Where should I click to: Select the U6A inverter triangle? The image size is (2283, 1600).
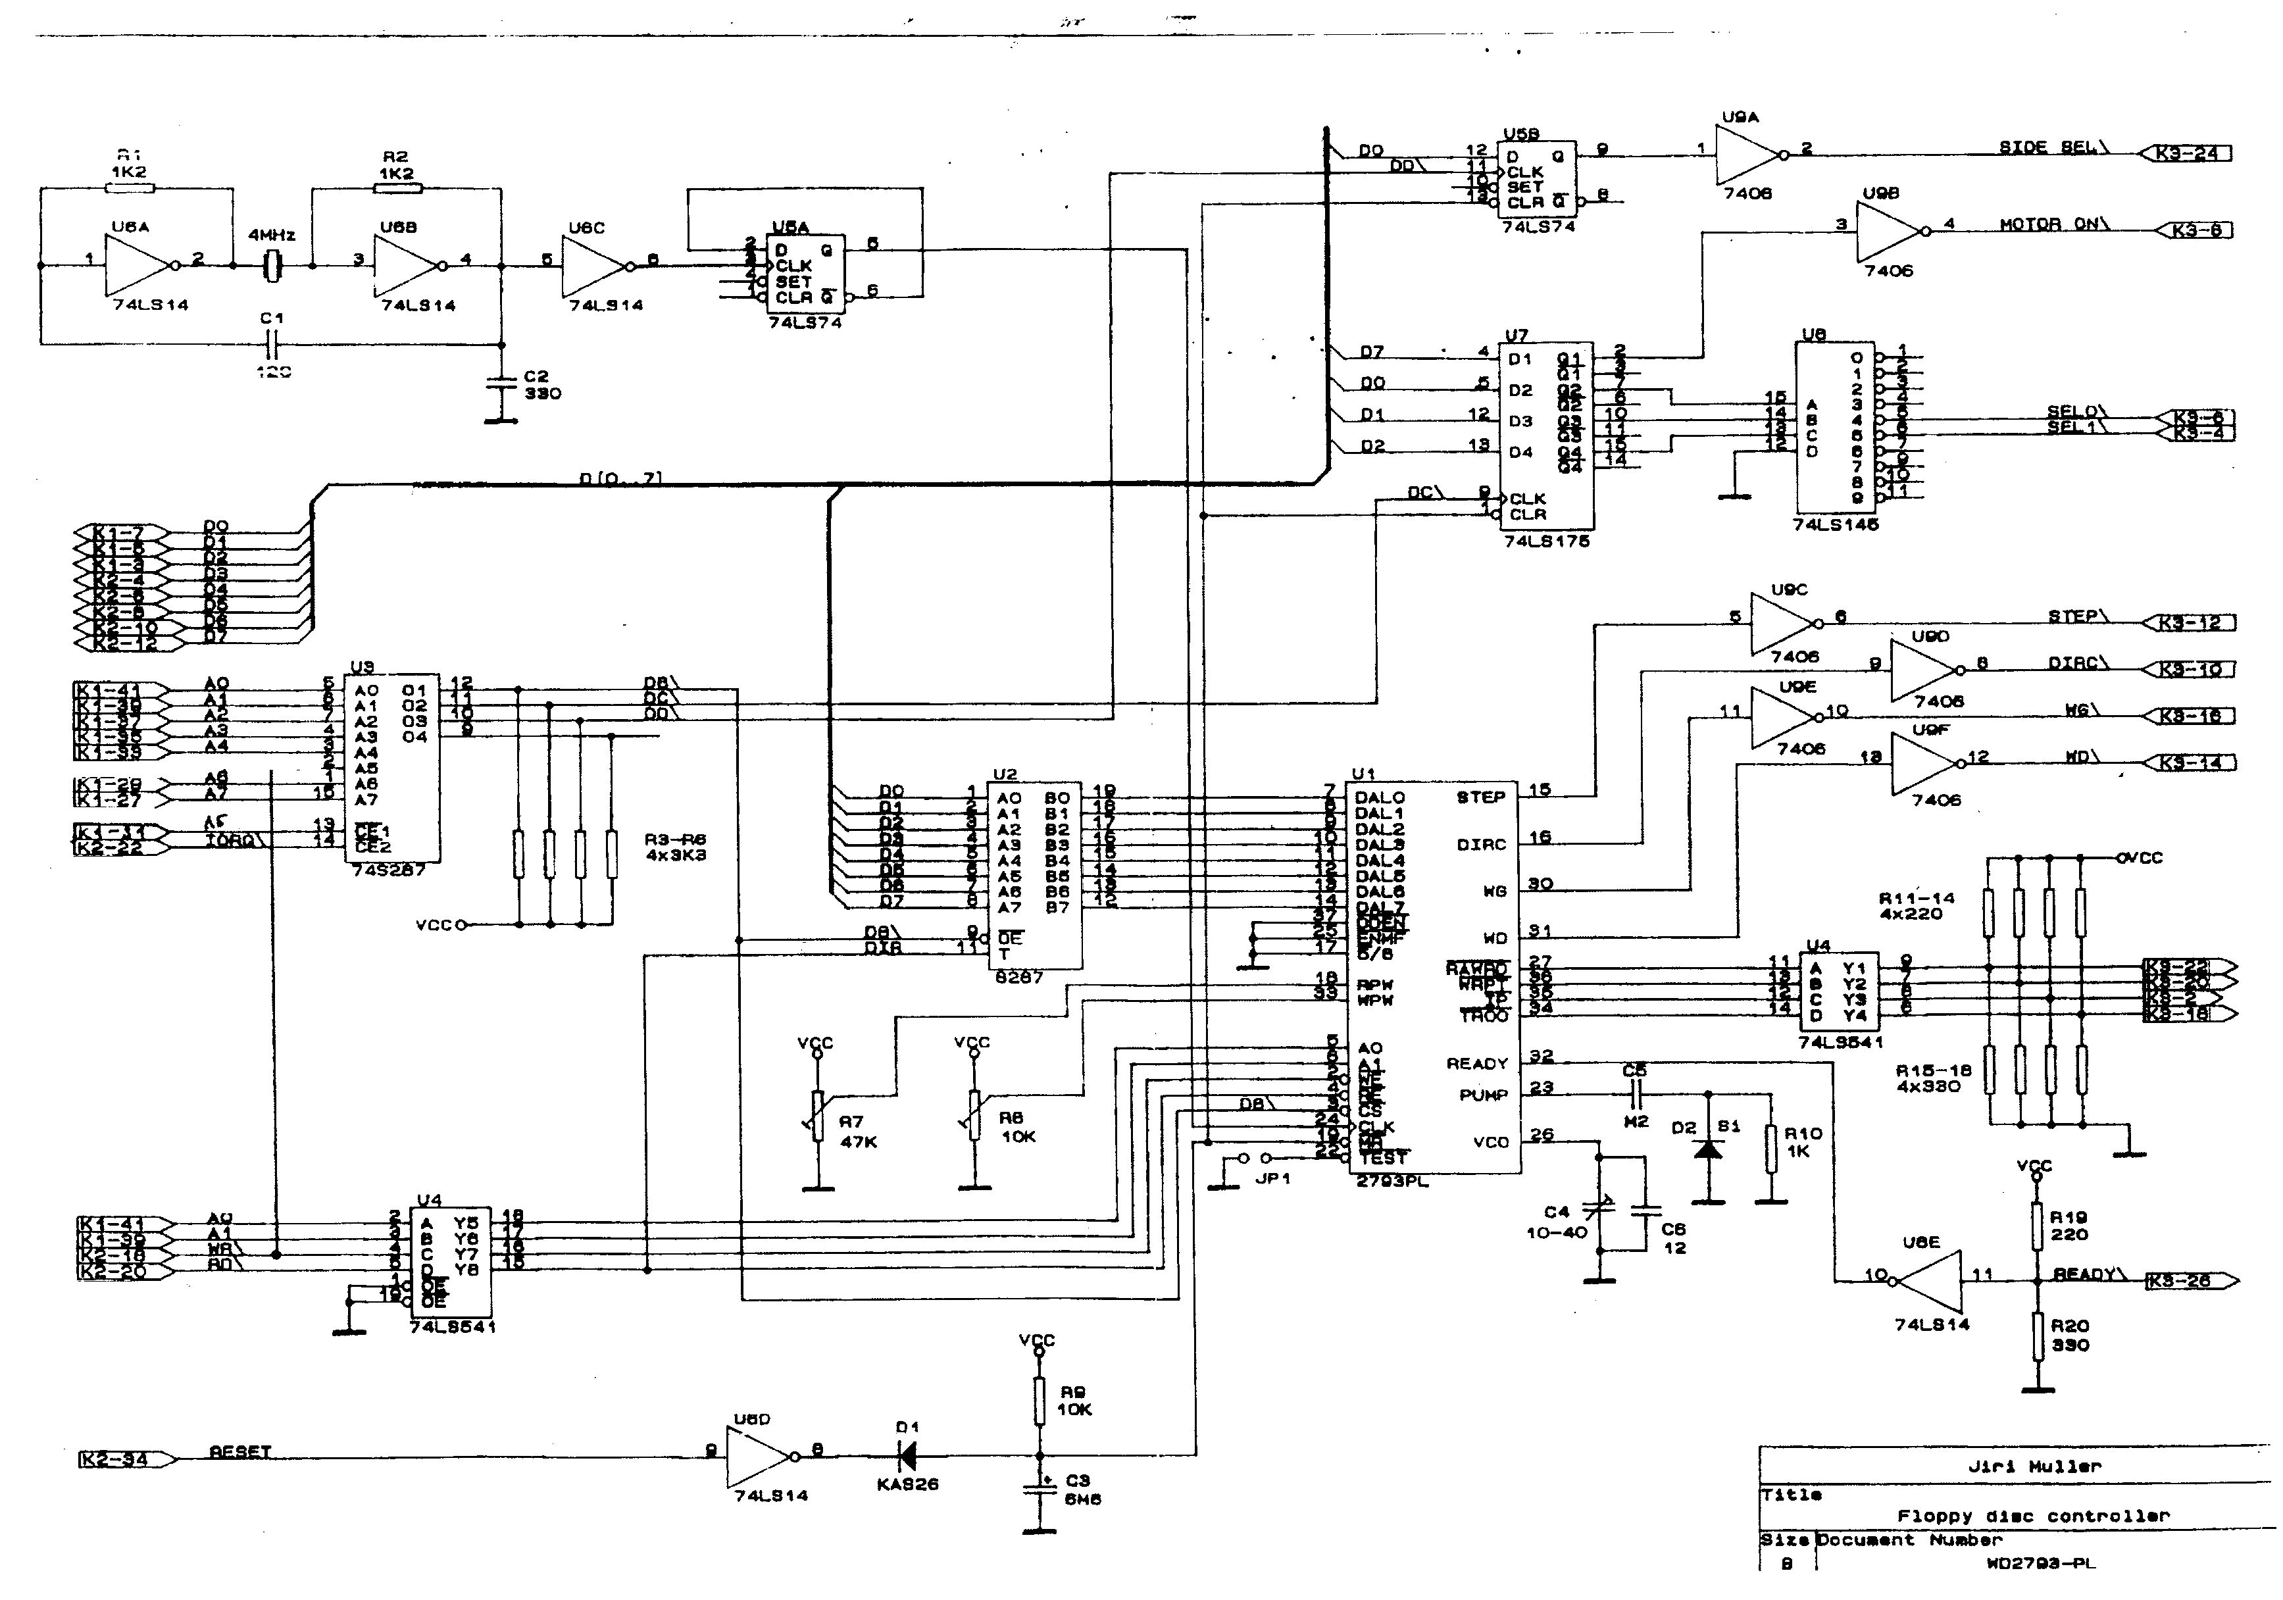point(139,266)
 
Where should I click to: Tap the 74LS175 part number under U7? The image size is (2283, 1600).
point(1546,542)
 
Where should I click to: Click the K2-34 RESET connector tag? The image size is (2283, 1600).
point(114,1460)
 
